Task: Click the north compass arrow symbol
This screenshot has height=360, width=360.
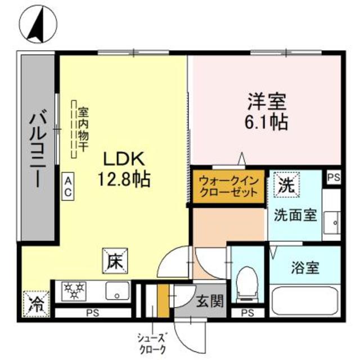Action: (38, 24)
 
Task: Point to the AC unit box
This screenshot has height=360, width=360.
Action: (67, 186)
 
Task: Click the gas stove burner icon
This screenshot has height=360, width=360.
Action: (74, 291)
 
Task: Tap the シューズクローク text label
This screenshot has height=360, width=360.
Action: (152, 341)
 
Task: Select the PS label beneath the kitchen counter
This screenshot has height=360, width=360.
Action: (90, 313)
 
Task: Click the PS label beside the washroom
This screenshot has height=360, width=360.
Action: (334, 177)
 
